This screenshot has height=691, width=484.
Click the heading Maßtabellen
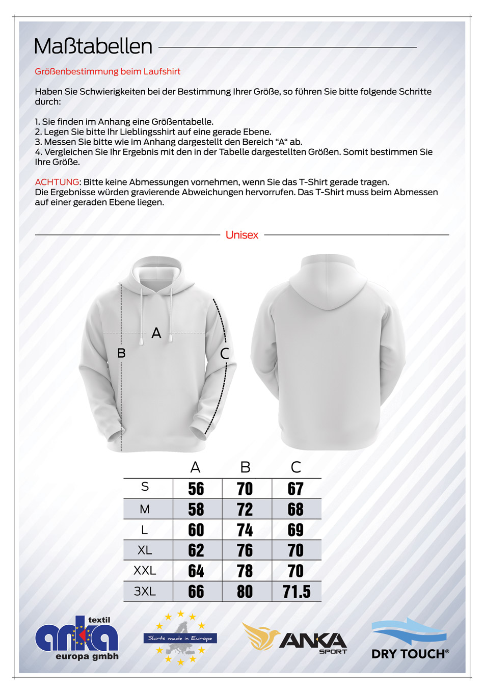point(93,46)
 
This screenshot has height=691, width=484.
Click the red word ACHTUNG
point(57,182)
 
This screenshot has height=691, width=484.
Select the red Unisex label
point(242,235)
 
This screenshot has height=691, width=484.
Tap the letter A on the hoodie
point(156,333)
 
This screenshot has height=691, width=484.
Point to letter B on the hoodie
point(121,353)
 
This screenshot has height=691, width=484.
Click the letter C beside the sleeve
point(225,353)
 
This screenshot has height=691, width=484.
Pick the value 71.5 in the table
point(297,592)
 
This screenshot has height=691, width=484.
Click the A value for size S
point(196,489)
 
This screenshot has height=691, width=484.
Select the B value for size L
point(245,530)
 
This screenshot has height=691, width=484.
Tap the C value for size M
point(295,509)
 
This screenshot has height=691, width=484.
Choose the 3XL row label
point(145,592)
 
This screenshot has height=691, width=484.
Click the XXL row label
point(145,571)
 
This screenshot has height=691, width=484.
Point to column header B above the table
point(245,467)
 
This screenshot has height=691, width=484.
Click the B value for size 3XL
point(245,592)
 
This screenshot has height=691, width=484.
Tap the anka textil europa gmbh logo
point(77,639)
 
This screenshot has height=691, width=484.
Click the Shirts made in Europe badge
point(180,638)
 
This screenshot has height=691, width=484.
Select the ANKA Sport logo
point(294,639)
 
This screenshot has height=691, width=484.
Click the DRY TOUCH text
point(409,654)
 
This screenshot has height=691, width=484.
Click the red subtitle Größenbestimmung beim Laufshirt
point(107,71)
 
